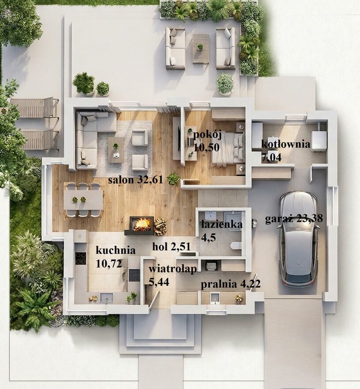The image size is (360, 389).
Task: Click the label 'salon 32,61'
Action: coord(135,180)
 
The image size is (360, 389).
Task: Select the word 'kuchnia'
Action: coord(116,251)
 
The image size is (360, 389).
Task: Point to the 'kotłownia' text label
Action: coord(286,144)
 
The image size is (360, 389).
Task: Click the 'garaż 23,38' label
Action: coord(294,218)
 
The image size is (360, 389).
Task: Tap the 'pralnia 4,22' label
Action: coord(231,284)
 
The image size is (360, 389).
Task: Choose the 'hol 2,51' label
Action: coord(171,247)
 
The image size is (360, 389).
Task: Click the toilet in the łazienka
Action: coord(235,246)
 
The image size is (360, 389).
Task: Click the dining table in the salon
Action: coord(83,200)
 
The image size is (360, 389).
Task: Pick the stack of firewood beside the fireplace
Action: coord(160,226)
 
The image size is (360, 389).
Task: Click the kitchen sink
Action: coord(106,298)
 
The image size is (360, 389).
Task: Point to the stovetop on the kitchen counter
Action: coord(80,259)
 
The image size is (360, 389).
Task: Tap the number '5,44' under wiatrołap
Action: coord(159,282)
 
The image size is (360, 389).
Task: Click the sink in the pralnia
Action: coord(215,297)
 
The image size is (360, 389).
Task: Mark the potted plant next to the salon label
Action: coord(173,179)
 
